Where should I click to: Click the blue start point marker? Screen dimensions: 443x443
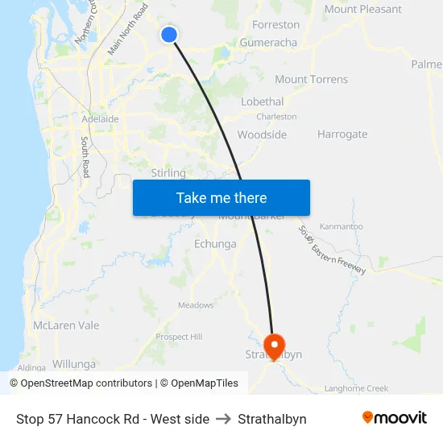(x=169, y=34)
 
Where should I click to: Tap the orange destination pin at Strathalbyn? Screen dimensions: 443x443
(x=274, y=346)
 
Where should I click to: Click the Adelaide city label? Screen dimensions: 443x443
(x=100, y=119)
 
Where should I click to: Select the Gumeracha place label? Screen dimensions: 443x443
(x=268, y=43)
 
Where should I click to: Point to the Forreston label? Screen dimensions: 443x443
(x=275, y=25)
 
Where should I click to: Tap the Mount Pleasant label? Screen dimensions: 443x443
(x=362, y=9)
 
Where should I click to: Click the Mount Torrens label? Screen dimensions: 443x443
(x=311, y=79)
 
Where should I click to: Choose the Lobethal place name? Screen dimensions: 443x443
(x=262, y=101)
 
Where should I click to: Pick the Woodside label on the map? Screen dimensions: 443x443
(x=262, y=135)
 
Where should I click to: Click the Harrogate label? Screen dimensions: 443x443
(x=342, y=135)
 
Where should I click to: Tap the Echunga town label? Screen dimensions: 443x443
(x=215, y=244)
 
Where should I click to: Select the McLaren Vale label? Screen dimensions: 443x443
(x=66, y=325)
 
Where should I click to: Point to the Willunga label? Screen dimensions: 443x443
(x=73, y=364)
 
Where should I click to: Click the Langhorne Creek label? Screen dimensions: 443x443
(x=356, y=388)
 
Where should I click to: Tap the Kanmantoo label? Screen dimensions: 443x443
(x=343, y=228)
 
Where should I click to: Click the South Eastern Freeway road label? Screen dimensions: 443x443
(x=332, y=250)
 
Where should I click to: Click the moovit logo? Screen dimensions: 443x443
(x=394, y=418)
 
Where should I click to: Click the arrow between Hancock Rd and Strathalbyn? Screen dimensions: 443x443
(x=224, y=419)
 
